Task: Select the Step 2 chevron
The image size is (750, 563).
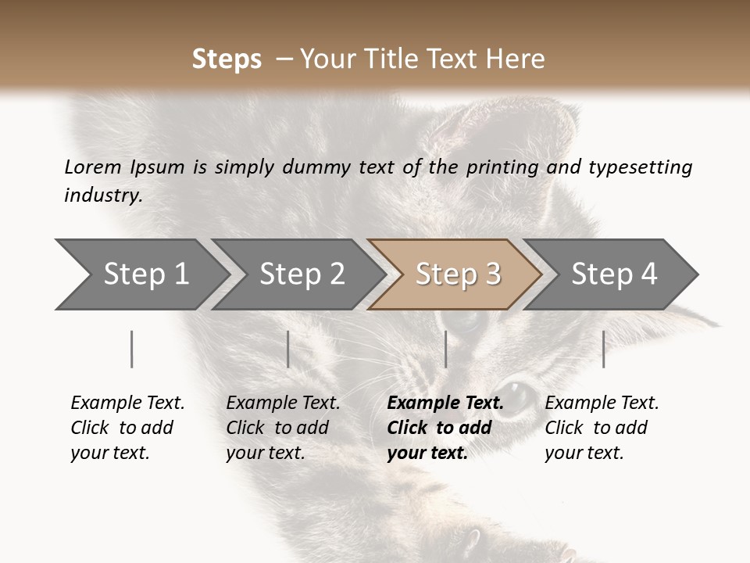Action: tap(299, 274)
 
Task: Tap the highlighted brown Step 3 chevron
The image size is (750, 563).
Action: tap(455, 274)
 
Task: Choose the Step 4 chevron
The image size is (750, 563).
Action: tap(612, 274)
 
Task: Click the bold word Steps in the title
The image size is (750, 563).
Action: tap(227, 59)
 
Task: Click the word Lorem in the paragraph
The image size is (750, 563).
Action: tap(92, 167)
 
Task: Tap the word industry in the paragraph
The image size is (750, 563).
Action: tap(102, 195)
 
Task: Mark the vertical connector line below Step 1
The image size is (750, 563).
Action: tap(132, 349)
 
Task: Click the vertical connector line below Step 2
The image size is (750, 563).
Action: tap(288, 349)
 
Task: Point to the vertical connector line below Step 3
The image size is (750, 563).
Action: tap(445, 349)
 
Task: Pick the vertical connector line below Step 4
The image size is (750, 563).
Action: tap(603, 349)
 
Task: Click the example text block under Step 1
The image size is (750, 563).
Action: tap(127, 428)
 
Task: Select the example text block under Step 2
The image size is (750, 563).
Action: tap(283, 428)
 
